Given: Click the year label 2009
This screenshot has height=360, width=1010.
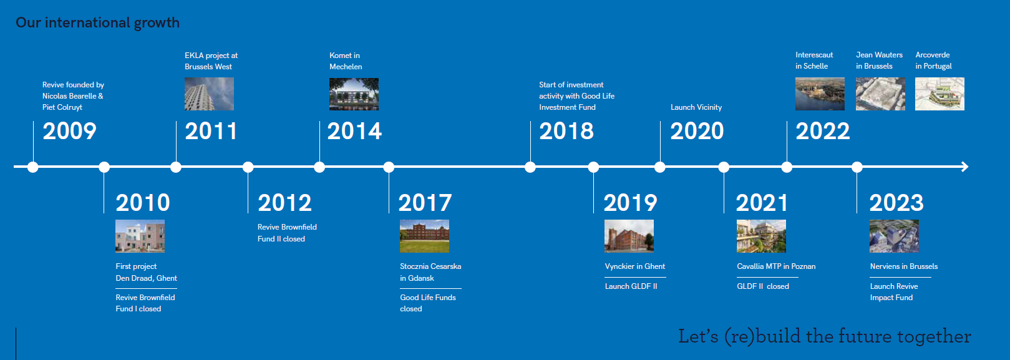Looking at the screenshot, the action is coord(69,131).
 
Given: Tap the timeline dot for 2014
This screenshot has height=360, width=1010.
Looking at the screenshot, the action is coord(319,167).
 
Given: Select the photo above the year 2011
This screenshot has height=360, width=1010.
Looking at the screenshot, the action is coord(209,94).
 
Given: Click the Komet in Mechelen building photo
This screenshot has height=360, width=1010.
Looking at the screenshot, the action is coord(354,94).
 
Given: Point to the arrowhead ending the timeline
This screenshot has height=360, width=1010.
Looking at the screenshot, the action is coord(965,167).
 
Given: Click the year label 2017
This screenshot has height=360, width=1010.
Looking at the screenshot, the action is coord(425,203).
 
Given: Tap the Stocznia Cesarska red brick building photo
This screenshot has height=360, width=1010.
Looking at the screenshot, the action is coord(424,236).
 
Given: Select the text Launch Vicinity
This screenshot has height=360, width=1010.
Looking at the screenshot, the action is coord(696,107).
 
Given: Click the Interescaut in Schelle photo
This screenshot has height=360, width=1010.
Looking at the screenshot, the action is coord(820,94).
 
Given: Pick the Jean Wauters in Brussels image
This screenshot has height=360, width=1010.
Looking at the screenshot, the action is coord(881,94).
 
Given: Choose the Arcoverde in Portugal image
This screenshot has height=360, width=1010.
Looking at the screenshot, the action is coord(940,94).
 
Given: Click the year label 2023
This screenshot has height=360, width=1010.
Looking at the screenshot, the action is coord(896,203).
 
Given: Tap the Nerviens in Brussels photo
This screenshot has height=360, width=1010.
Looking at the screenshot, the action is coord(894,236).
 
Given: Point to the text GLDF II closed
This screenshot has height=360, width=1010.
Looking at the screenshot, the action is coord(763,286).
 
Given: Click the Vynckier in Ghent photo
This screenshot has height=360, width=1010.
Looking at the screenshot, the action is coord(629,236).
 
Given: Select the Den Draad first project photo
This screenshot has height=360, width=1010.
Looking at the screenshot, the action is coord(140,236).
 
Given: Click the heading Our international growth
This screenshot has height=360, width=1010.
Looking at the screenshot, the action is coord(97,22).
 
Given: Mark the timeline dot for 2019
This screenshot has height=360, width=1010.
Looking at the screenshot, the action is coord(593,167).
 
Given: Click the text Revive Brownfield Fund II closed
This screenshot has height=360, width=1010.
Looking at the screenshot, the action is coord(287,233).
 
